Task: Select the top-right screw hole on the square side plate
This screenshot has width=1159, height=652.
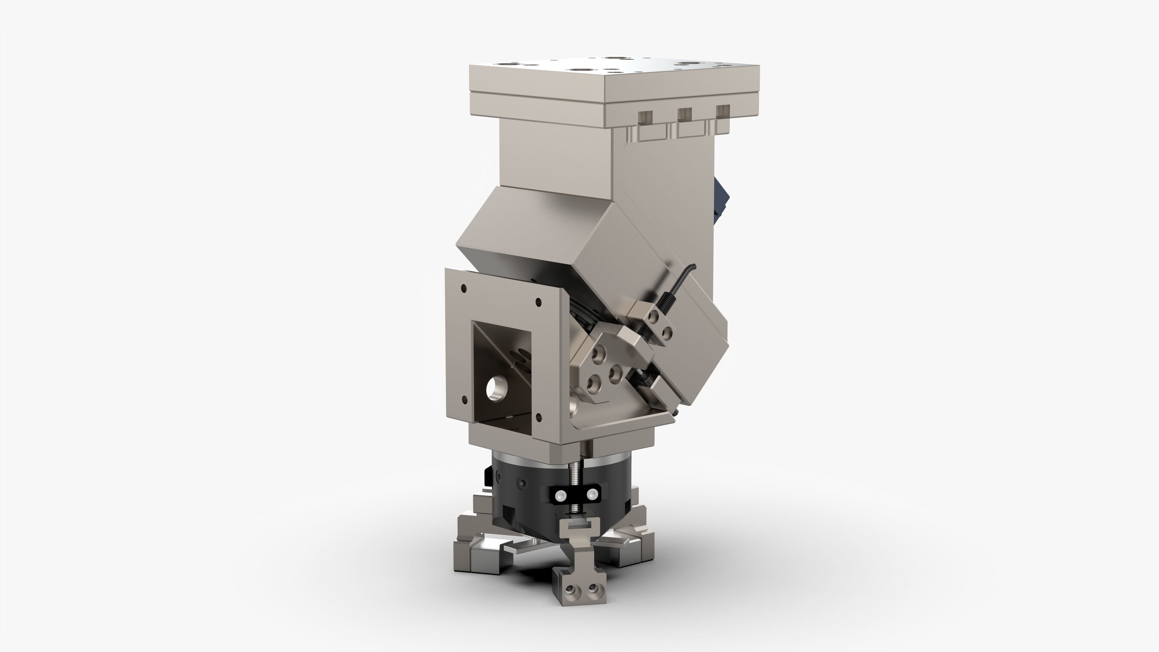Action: coord(538,302)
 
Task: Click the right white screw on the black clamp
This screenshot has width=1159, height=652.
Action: coord(591,495)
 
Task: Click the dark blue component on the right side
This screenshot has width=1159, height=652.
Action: coord(718,198)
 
